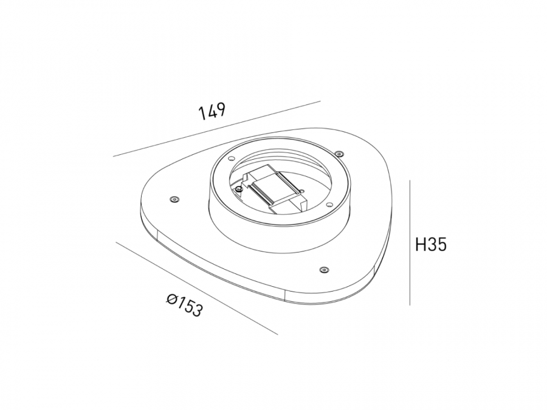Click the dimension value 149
click(212, 111)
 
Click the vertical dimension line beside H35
click(410, 242)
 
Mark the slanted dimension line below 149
click(216, 129)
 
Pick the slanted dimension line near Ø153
click(197, 288)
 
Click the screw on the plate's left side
click(174, 199)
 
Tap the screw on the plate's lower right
click(325, 270)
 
